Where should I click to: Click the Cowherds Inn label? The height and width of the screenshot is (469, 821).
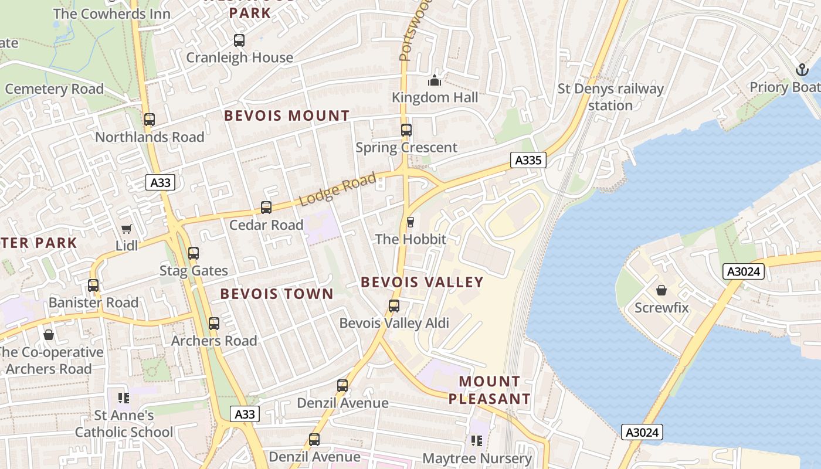point(111,13)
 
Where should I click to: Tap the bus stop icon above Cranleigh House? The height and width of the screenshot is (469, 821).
point(239,40)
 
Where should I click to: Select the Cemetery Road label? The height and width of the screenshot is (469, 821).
point(54,89)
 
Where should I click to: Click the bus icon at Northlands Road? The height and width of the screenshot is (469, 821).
point(150,120)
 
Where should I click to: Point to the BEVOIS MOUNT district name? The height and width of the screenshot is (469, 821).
point(287,115)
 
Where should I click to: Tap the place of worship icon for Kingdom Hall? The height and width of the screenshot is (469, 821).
point(435,80)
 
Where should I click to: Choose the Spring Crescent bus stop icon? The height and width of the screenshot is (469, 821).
point(406,130)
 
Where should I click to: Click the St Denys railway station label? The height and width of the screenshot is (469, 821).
point(610,97)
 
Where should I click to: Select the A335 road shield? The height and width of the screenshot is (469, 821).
point(528,160)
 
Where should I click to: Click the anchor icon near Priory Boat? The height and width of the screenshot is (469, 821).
point(802,70)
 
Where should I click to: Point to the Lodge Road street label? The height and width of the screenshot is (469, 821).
point(337,189)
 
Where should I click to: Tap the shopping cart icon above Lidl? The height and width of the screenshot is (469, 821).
point(127,229)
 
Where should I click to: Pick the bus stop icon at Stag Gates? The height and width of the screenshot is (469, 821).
point(194,253)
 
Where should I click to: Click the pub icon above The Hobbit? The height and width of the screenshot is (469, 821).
point(410,222)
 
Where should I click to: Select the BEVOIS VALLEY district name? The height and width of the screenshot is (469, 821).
point(422,282)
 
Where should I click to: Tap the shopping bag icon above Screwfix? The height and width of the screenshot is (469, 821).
point(661,290)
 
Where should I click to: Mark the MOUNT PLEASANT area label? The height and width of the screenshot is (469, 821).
point(489,390)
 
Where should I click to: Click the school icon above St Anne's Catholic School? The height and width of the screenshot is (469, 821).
point(124,398)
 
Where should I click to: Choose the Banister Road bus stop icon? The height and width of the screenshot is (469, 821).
point(93,286)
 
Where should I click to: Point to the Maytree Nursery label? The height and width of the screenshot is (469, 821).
point(477,458)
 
